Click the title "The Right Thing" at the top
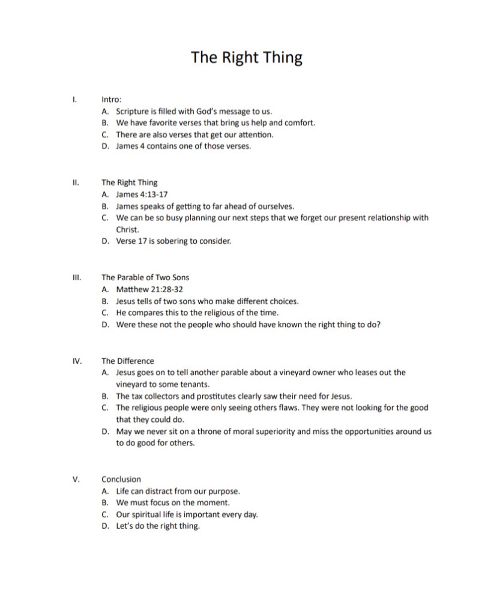pos(247,58)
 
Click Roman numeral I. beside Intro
pos(74,100)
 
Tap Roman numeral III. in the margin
pos(76,277)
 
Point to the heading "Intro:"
pos(112,100)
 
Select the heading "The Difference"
pos(128,361)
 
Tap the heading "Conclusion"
pos(121,479)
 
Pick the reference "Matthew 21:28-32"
pos(149,289)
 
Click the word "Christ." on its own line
pos(127,229)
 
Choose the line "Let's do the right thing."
pos(158,526)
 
